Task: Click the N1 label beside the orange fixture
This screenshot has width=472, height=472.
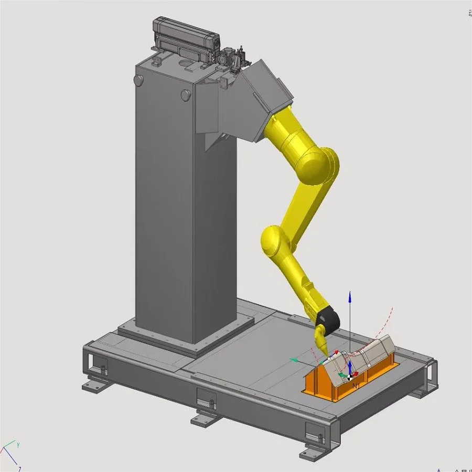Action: pos(356,386)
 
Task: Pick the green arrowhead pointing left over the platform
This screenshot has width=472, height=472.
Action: pos(294,360)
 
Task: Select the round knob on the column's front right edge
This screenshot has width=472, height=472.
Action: pos(185,95)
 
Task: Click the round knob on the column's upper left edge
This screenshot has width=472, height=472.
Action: pos(139,80)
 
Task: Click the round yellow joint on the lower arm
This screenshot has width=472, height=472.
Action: pos(273,241)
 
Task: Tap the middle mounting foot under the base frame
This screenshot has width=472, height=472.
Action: pos(205,419)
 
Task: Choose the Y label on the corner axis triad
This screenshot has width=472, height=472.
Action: pos(18,445)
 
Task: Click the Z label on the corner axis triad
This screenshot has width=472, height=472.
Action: pos(19,468)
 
